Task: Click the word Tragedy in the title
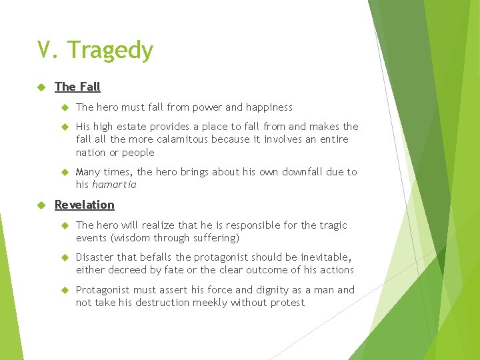[x=111, y=51]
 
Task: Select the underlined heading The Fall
[x=77, y=87]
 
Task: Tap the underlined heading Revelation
[x=84, y=205]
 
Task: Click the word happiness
[x=268, y=107]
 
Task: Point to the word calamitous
[x=182, y=139]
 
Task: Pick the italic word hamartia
[x=114, y=185]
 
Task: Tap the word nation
[x=91, y=153]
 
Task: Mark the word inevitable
[x=325, y=257]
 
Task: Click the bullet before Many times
[x=65, y=172]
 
